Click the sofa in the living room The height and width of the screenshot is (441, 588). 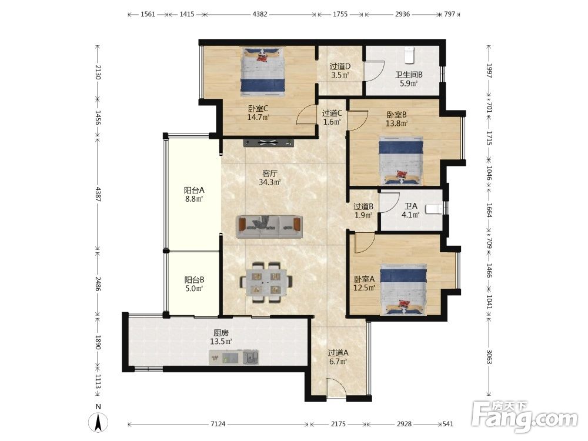click(x=269, y=227)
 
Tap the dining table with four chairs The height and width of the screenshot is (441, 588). click(x=266, y=282)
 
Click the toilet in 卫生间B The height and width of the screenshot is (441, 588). click(x=409, y=55)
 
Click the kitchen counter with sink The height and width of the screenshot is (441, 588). click(x=233, y=357)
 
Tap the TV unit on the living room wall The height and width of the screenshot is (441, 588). click(x=269, y=142)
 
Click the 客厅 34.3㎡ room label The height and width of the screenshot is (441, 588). click(x=270, y=178)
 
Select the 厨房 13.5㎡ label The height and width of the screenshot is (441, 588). click(x=221, y=337)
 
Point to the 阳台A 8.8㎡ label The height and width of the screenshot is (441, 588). click(x=194, y=194)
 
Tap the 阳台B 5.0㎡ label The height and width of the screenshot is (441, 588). click(x=194, y=284)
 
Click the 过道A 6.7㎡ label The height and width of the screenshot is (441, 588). click(x=338, y=357)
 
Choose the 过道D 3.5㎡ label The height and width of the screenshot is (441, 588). click(x=340, y=71)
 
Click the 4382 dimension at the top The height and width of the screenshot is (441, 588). click(x=260, y=14)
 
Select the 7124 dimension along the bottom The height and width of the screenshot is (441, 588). click(x=218, y=424)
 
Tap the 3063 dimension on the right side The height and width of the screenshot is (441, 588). click(x=489, y=357)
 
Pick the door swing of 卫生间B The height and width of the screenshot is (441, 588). click(x=374, y=71)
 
